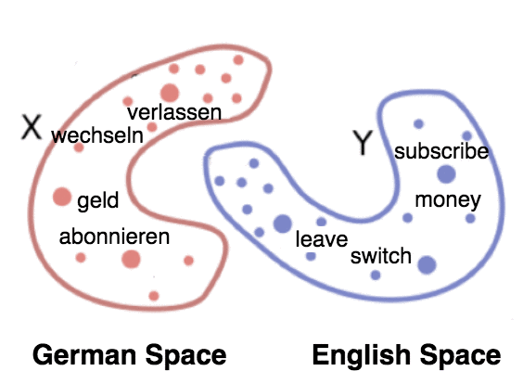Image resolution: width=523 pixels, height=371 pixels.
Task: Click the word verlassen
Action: click(x=174, y=112)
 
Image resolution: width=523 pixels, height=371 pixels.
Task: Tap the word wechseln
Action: click(x=97, y=135)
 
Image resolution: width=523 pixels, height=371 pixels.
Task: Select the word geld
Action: click(x=97, y=200)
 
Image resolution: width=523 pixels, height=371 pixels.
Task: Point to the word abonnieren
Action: click(x=114, y=237)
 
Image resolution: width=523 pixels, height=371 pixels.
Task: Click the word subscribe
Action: click(x=441, y=151)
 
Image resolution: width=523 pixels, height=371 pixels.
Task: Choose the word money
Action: click(x=448, y=200)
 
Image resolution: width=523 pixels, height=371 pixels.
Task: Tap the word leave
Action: click(x=322, y=239)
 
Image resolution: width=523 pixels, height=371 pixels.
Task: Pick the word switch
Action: click(x=380, y=256)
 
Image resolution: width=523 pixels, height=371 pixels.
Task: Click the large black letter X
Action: click(x=32, y=126)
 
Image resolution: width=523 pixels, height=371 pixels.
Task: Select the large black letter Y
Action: click(x=363, y=143)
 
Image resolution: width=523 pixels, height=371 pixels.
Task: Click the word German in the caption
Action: click(x=84, y=355)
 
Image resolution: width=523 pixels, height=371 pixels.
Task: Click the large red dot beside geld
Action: click(x=62, y=197)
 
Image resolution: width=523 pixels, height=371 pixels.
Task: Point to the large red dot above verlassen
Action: click(x=170, y=93)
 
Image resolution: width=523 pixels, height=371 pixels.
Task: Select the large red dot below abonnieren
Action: click(x=131, y=259)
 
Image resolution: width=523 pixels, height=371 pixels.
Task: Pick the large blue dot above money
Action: click(x=446, y=174)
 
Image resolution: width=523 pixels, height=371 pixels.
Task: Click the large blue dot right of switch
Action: click(x=427, y=265)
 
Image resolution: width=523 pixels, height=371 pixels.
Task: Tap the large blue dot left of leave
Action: click(x=283, y=224)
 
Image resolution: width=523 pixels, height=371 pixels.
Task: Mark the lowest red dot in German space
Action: click(x=154, y=296)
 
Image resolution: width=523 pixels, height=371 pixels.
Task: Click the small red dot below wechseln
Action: click(x=79, y=147)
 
